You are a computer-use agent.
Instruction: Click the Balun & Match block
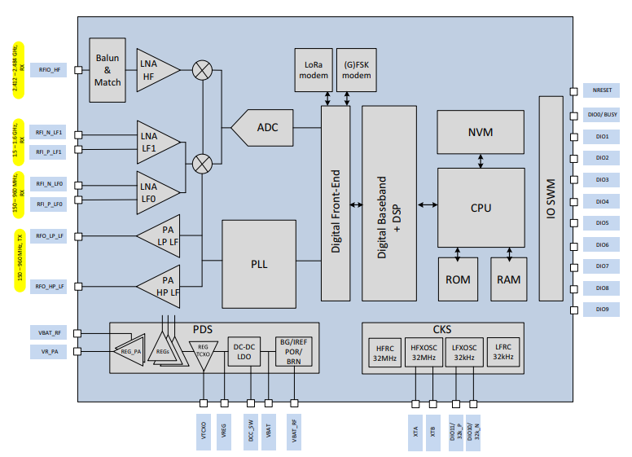(108, 70)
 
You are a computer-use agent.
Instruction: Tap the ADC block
(266, 128)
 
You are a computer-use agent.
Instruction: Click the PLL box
(259, 264)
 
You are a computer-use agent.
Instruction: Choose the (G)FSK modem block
(356, 70)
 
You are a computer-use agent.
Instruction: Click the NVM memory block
(481, 132)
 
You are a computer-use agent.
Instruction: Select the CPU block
(481, 207)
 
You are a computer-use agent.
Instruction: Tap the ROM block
(458, 279)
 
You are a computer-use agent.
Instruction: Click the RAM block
(509, 279)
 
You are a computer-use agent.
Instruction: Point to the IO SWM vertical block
(551, 198)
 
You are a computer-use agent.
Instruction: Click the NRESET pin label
(602, 92)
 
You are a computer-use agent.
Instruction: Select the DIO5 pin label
(602, 222)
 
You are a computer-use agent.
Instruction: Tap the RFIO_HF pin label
(49, 70)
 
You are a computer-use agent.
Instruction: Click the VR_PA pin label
(49, 351)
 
